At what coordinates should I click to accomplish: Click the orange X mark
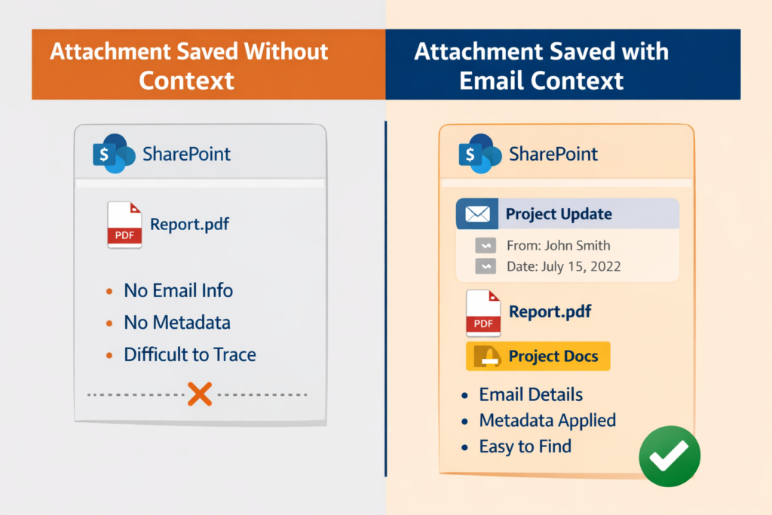pos(199,394)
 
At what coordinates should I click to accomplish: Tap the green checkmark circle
pos(669,455)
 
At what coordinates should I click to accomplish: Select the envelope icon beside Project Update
pos(476,214)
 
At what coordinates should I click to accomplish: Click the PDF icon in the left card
pos(124,225)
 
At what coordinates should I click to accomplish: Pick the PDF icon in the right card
pos(483,312)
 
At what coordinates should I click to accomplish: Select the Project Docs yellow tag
pos(538,356)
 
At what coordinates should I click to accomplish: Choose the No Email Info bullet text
pos(178,290)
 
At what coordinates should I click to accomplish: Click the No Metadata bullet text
pos(177,323)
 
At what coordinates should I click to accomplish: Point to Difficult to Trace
pos(189,354)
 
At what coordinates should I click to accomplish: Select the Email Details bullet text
pos(531,394)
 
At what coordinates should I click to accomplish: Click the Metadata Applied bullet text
pos(547,420)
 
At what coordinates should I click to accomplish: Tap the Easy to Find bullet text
pos(525,446)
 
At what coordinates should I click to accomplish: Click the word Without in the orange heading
pos(280,52)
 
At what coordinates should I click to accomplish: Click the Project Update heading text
pos(559,214)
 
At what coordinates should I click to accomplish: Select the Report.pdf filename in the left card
pos(190,224)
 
